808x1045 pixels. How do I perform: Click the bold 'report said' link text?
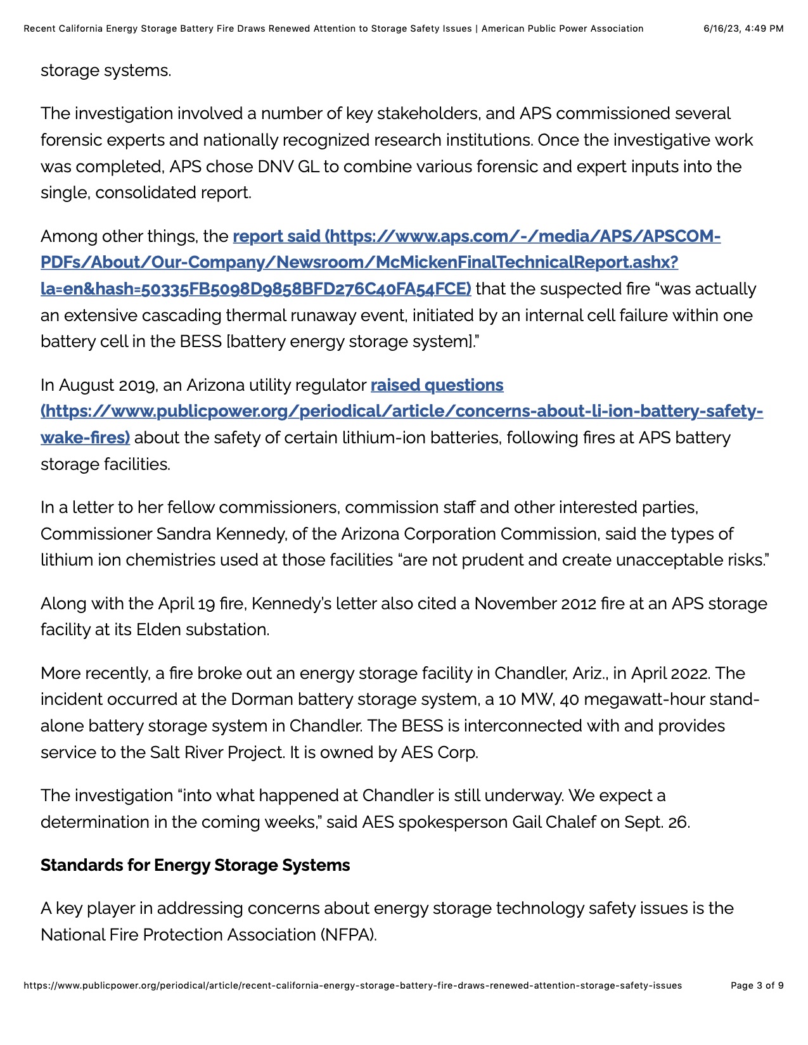tap(276, 236)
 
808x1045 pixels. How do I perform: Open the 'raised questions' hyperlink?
tap(437, 385)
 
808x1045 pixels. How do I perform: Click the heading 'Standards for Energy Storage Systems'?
tap(195, 865)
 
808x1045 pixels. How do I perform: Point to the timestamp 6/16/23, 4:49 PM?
tap(743, 28)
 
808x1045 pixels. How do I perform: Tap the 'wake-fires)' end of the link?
tap(85, 438)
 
